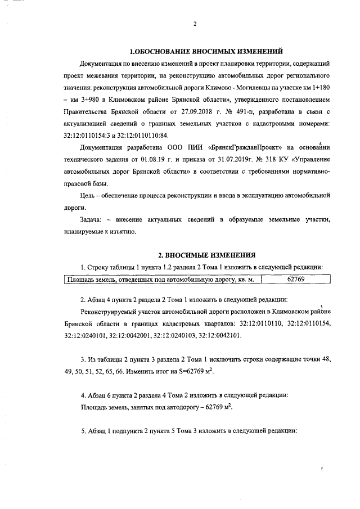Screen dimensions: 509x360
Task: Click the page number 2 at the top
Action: (195, 24)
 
